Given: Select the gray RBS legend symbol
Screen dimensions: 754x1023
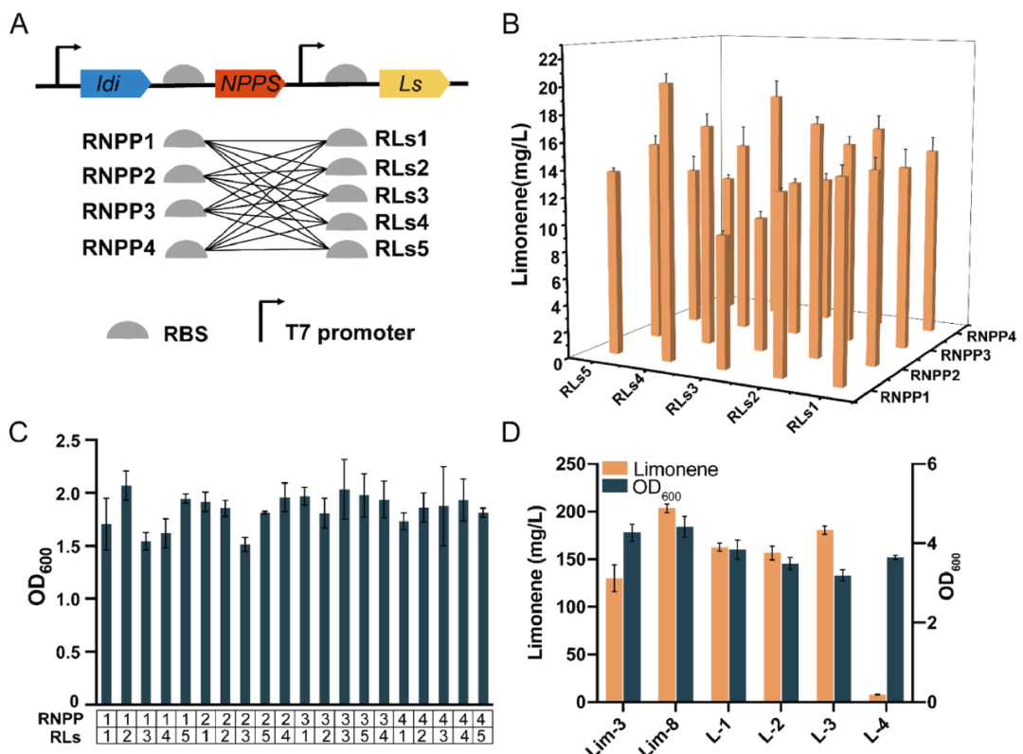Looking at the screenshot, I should (x=127, y=331).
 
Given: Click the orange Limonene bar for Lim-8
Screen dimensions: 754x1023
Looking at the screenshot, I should (x=668, y=604).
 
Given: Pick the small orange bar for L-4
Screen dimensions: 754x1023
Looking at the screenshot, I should (x=875, y=698).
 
